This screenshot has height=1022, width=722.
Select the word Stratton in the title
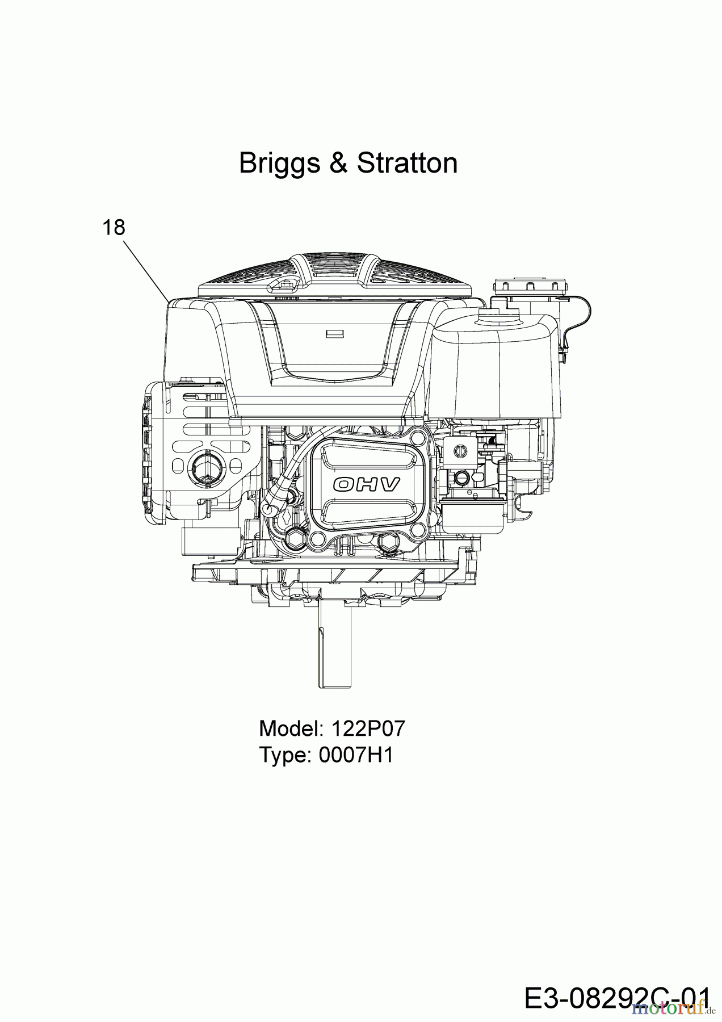tap(407, 163)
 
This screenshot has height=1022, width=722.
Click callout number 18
tap(114, 227)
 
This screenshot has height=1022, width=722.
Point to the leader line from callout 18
tap(145, 269)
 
